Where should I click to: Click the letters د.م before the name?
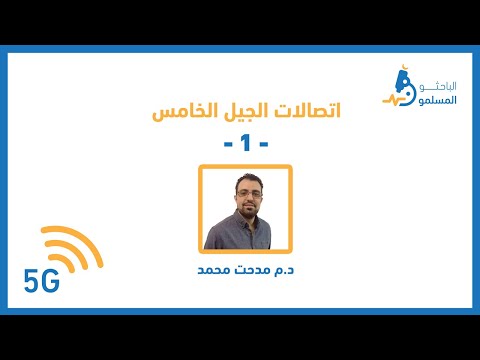(x=284, y=270)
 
